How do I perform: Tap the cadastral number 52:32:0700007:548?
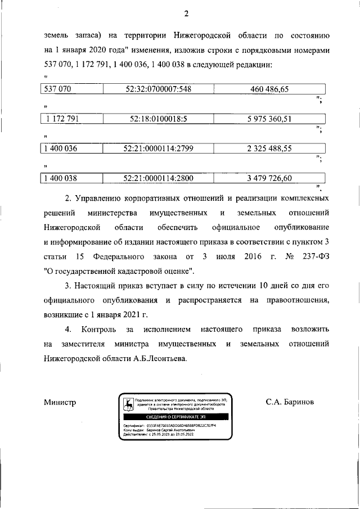coord(157,89)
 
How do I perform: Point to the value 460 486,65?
coord(269,89)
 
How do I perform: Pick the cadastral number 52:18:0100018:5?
coord(157,119)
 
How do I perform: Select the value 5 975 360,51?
coord(269,119)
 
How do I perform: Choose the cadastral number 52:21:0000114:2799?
coord(157,149)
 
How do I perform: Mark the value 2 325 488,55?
coord(269,149)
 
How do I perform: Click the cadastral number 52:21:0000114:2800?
coord(157,179)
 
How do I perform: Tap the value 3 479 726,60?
coord(269,179)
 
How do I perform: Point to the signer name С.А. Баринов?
coord(290,403)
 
